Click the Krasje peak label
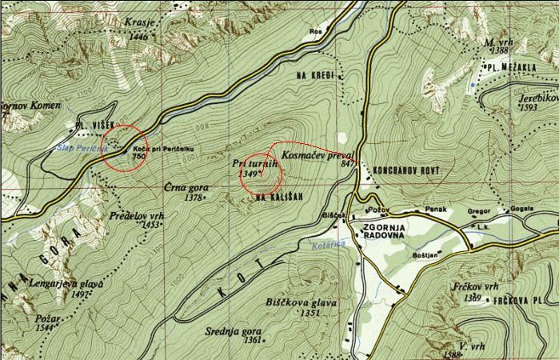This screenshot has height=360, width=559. [x=139, y=24]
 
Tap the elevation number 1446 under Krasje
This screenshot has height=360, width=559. [x=138, y=36]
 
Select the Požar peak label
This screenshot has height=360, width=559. [x=47, y=318]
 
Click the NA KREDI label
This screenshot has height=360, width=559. [x=313, y=74]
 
